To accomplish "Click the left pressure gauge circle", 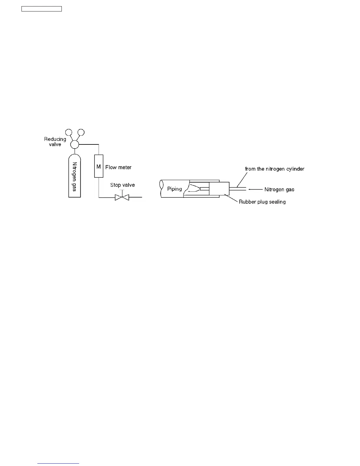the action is coord(69,132).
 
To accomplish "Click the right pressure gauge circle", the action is coord(81,132).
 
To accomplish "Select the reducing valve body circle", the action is coord(75,144).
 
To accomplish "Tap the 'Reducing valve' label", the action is coord(55,142).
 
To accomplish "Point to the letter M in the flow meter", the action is coord(99,167).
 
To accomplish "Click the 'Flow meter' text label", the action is coord(118,167).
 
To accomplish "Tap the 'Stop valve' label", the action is coord(122,185).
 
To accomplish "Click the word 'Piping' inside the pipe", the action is coord(174,189).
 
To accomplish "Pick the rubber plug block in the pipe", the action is coord(219,189).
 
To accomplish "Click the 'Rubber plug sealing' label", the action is coord(262,202).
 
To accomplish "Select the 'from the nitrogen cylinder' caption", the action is coord(274,169).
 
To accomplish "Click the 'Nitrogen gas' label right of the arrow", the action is coord(279,189).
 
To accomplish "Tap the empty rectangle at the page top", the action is coord(41,9).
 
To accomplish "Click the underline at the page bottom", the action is coord(58,463).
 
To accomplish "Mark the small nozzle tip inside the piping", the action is coord(204,189).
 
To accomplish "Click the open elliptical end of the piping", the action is coord(161,189).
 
